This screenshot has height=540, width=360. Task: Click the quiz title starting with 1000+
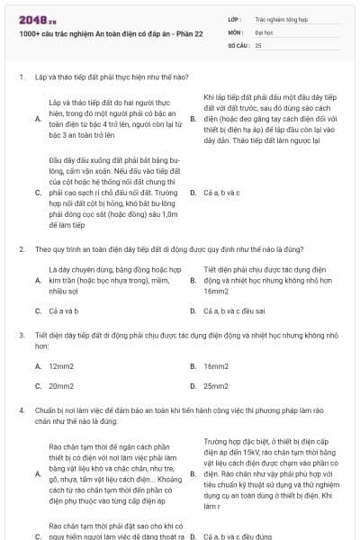pos(100,33)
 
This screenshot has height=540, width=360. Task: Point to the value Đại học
pos(265,30)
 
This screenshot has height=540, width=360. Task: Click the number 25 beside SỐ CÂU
pos(258,43)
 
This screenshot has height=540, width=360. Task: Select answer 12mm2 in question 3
pos(61,366)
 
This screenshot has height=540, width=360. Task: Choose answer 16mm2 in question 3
pos(216,366)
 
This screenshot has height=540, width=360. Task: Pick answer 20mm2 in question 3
pos(61,385)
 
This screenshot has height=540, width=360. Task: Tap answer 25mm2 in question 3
pos(216,385)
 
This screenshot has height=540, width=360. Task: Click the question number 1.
pos(21,76)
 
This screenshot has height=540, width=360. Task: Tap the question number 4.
pos(21,409)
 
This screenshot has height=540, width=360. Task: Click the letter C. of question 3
pos(38,385)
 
